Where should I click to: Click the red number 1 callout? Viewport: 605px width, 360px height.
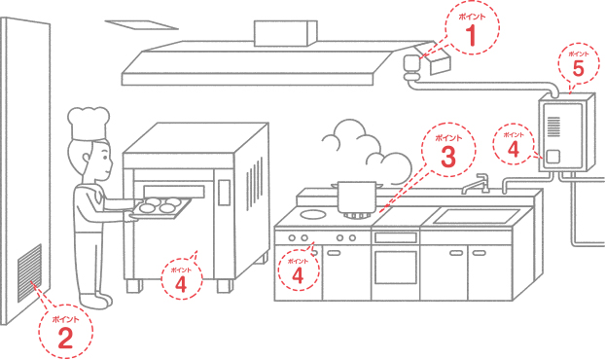pos(472,28)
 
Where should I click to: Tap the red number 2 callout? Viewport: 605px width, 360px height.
pos(65,332)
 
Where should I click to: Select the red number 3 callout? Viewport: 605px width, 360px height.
pos(448,150)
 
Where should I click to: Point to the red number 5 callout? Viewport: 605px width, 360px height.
pos(579,63)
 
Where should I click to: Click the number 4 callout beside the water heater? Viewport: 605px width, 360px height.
pos(514,144)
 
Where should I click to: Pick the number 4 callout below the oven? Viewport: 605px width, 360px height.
pos(181,279)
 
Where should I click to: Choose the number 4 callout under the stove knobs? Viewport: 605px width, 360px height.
pos(299,270)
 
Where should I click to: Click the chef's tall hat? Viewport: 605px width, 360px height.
pos(89,124)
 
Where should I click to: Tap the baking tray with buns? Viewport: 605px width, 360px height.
pos(161,207)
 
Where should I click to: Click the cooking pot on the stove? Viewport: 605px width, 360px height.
pos(357,198)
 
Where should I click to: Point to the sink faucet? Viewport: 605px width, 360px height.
pos(476,184)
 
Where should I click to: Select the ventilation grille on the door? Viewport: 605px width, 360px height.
pos(30,272)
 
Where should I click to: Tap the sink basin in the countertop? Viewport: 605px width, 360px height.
pos(477,216)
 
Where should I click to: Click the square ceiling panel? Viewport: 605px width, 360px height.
pos(142,24)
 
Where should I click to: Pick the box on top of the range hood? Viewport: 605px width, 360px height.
pos(286,34)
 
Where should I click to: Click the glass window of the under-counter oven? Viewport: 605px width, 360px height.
pos(396,267)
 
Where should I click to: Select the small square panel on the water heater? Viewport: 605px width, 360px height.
pos(552,157)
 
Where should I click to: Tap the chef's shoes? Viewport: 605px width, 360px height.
pos(96,301)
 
